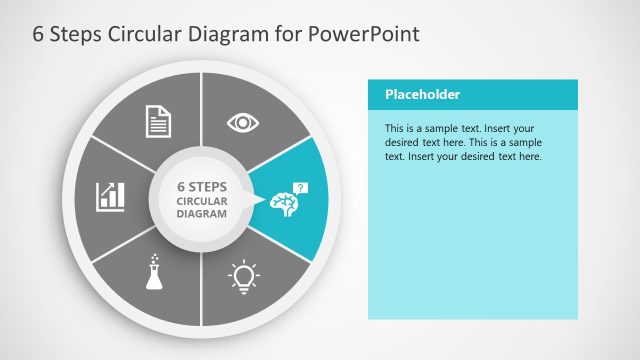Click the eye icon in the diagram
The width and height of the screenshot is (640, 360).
(242, 123)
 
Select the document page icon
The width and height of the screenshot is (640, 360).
(159, 121)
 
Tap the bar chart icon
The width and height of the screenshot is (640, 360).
(110, 196)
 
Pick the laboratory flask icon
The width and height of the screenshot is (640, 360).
(154, 273)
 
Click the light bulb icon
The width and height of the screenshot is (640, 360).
(243, 274)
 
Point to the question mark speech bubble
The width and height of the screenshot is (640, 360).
(302, 187)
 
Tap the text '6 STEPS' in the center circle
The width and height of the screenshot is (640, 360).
(202, 186)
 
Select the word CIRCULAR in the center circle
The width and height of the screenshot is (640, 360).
(202, 200)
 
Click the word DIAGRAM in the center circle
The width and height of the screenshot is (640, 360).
(202, 213)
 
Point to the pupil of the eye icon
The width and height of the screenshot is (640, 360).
(242, 123)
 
